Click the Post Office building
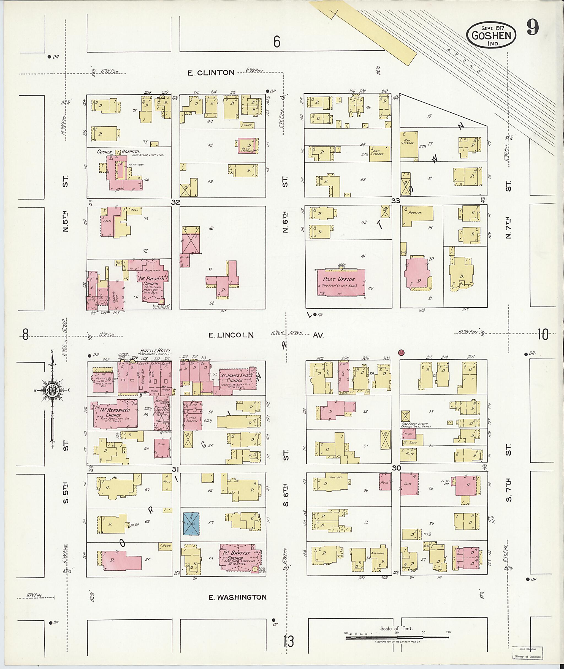(x=341, y=282)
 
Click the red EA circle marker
(x=402, y=353)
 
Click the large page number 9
(x=533, y=28)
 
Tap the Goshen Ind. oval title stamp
(x=491, y=35)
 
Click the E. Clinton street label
(x=211, y=73)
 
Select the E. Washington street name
(x=238, y=597)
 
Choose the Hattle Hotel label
(x=155, y=351)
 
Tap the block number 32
(x=175, y=202)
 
